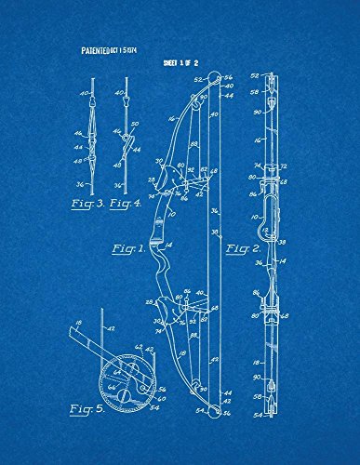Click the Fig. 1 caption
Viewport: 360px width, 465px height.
pos(128,249)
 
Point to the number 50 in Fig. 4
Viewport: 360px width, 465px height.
pos(134,124)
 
